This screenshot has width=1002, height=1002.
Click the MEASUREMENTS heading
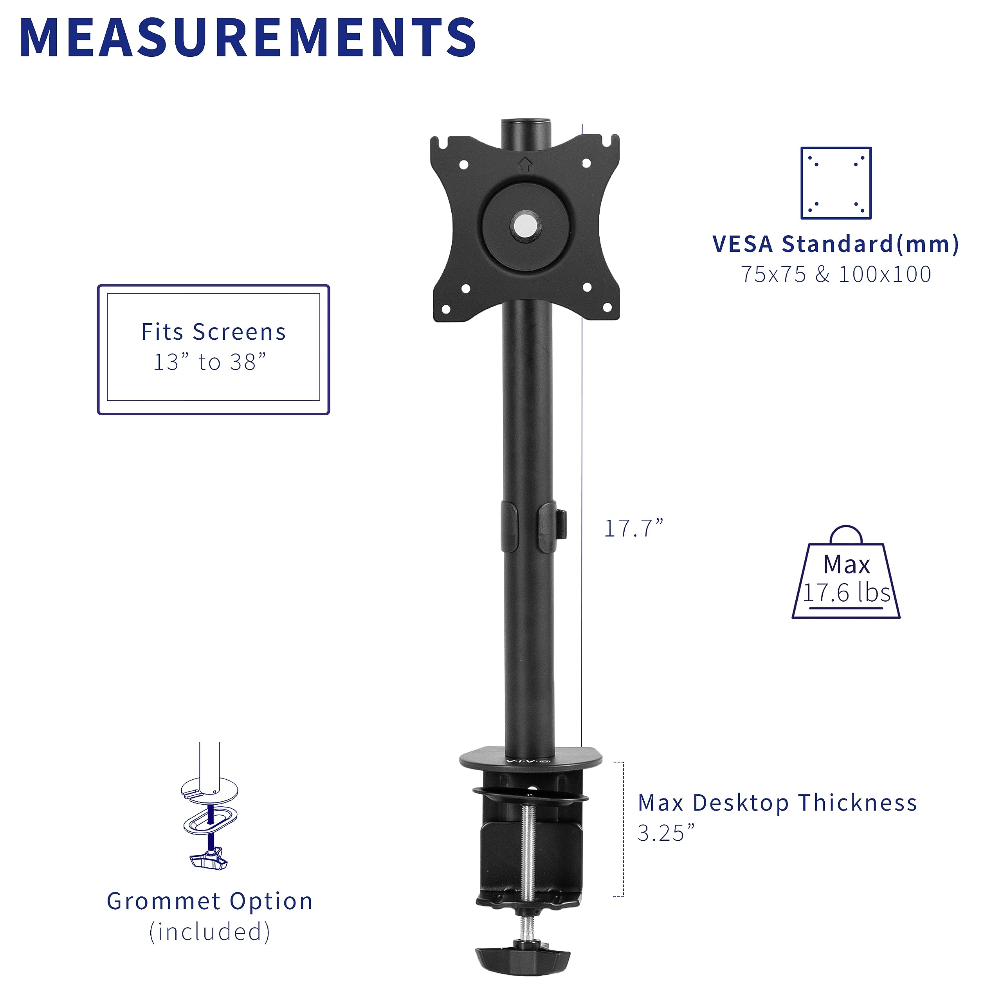pyautogui.click(x=248, y=37)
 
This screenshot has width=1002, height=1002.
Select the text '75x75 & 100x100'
pyautogui.click(x=836, y=274)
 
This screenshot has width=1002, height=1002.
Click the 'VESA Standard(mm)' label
pyautogui.click(x=836, y=244)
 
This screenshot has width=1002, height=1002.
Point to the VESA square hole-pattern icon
pyautogui.click(x=836, y=183)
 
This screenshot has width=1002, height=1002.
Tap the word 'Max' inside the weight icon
pyautogui.click(x=846, y=564)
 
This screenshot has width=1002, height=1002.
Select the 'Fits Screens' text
pyautogui.click(x=214, y=332)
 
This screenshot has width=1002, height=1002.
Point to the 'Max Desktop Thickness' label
pyautogui.click(x=777, y=803)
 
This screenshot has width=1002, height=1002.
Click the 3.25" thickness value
pyautogui.click(x=665, y=833)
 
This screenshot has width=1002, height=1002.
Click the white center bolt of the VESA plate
pyautogui.click(x=525, y=225)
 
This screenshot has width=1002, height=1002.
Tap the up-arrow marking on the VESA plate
pyautogui.click(x=525, y=164)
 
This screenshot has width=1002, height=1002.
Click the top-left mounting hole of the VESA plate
pyautogui.click(x=464, y=165)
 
